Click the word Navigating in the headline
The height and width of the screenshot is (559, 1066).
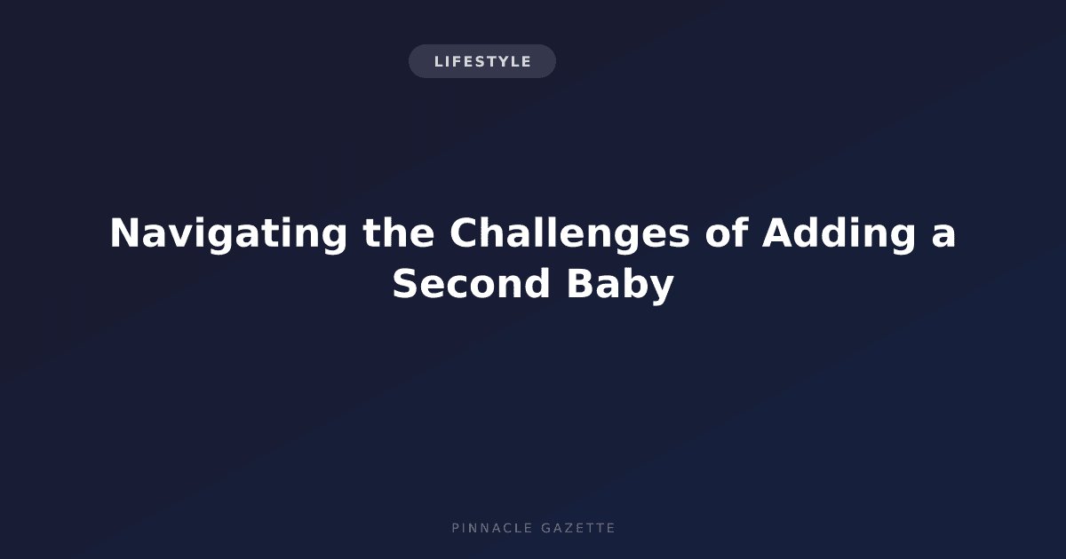[x=228, y=234]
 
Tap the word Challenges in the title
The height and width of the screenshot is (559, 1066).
[x=569, y=234]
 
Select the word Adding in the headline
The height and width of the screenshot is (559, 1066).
[x=839, y=234]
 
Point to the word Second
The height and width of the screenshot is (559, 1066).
[x=471, y=284]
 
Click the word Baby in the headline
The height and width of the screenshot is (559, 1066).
[x=621, y=285]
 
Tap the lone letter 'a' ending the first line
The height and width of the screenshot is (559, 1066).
[x=943, y=238]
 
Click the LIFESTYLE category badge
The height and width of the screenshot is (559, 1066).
[x=482, y=61]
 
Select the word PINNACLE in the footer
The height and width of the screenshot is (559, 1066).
[x=492, y=528]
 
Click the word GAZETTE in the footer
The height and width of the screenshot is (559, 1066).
[x=578, y=528]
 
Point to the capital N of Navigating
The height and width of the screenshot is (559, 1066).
[x=125, y=232]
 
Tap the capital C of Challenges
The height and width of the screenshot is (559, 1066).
[x=465, y=232]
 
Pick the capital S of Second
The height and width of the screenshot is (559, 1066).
[x=405, y=284]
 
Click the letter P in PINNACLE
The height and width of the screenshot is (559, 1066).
[x=456, y=528]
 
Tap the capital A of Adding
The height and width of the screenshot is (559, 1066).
[x=778, y=232]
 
